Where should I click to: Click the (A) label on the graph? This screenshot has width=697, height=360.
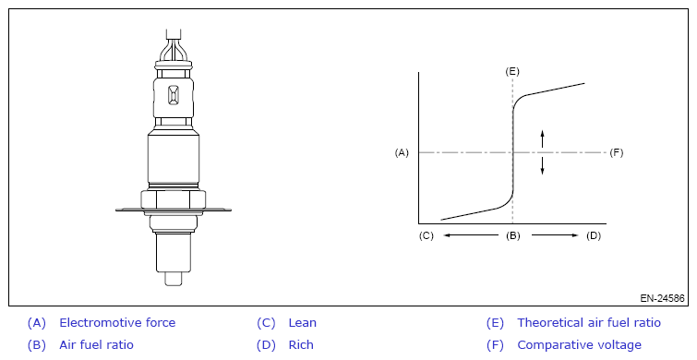[x=402, y=152]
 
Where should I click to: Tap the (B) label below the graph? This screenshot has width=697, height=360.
[x=513, y=235]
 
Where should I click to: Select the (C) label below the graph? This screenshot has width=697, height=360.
[x=426, y=235]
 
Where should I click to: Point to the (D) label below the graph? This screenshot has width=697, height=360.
[x=594, y=235]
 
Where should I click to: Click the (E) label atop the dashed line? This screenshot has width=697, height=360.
[x=512, y=72]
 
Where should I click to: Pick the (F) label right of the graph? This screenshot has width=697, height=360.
[x=617, y=152]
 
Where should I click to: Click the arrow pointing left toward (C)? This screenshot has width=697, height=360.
[x=471, y=235]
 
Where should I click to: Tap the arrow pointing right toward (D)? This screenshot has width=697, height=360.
[x=555, y=235]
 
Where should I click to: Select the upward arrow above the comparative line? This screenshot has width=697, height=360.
[x=542, y=138]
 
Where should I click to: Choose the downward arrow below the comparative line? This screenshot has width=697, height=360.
[x=542, y=165]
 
